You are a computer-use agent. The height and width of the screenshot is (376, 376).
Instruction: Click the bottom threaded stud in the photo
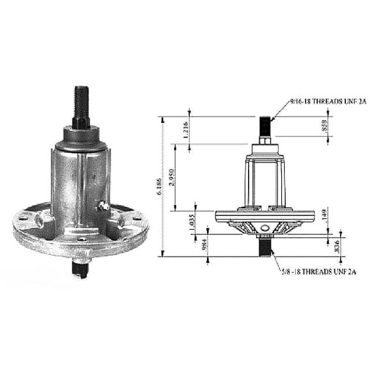[x=81, y=268]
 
